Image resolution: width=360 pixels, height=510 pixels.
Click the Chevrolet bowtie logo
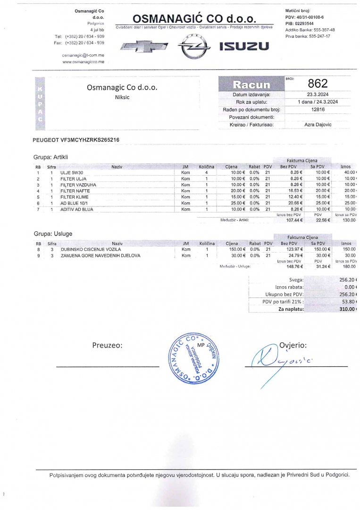point(144,46)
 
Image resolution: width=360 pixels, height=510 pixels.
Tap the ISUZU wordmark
point(244,46)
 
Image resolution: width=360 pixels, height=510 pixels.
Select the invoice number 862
point(318,84)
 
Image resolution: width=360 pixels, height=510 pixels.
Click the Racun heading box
point(251,84)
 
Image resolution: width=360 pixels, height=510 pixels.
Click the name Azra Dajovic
point(318,125)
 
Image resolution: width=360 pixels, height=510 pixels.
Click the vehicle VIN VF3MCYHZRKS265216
point(76,140)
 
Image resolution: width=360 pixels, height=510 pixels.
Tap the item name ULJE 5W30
point(72,173)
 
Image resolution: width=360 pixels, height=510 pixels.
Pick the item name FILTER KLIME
point(75,197)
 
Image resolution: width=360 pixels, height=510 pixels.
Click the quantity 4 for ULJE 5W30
point(207,173)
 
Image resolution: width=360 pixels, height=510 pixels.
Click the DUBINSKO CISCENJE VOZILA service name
point(91,249)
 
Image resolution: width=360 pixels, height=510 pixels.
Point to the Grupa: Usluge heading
point(53,234)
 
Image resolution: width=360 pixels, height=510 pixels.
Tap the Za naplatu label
point(291,309)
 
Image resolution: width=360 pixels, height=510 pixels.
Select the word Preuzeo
point(108,345)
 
